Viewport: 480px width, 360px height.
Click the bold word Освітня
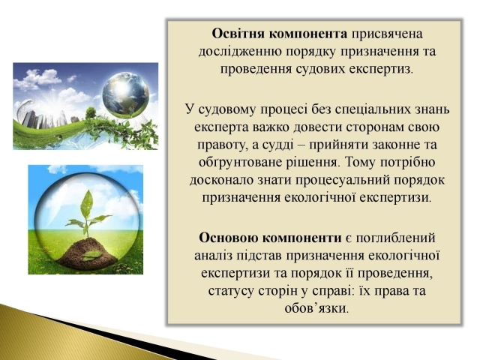coord(238,34)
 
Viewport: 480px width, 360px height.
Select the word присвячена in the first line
coord(387,34)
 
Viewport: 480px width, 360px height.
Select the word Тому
coord(361,162)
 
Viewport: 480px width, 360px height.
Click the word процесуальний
coord(343,181)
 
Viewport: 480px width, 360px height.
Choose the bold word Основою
coord(228,238)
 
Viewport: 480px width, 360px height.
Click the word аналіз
coord(213,256)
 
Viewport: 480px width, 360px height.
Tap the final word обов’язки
coord(316,308)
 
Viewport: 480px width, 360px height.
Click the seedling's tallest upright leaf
coord(87,205)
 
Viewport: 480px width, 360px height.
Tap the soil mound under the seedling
coord(87,253)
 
